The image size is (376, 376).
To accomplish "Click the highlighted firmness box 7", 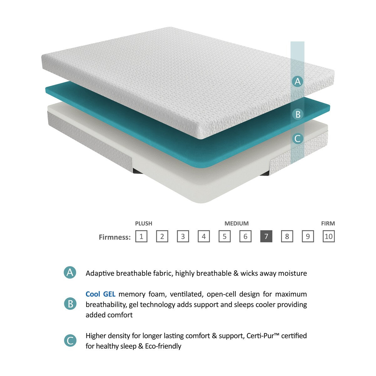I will (266, 236).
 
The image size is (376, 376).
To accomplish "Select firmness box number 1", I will (141, 236).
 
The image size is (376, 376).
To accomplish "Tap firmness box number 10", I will (328, 236).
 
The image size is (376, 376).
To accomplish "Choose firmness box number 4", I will (204, 236).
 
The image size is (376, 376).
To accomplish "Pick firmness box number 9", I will (308, 236).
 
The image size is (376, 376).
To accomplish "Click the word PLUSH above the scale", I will (144, 223).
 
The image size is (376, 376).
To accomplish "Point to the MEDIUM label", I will (237, 223).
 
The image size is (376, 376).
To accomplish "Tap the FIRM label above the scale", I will (328, 223).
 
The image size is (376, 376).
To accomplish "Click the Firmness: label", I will (114, 237).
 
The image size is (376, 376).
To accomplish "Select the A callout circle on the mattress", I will (297, 81).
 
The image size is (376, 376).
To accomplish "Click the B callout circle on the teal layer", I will (298, 114).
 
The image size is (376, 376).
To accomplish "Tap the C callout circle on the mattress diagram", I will (297, 138).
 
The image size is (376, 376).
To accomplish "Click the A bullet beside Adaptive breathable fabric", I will (70, 273).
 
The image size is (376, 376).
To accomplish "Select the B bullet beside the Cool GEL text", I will (70, 304).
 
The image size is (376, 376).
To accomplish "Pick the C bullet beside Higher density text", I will (70, 341).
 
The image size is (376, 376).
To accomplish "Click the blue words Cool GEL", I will (100, 294).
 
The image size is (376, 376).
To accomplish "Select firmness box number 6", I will (245, 236).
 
